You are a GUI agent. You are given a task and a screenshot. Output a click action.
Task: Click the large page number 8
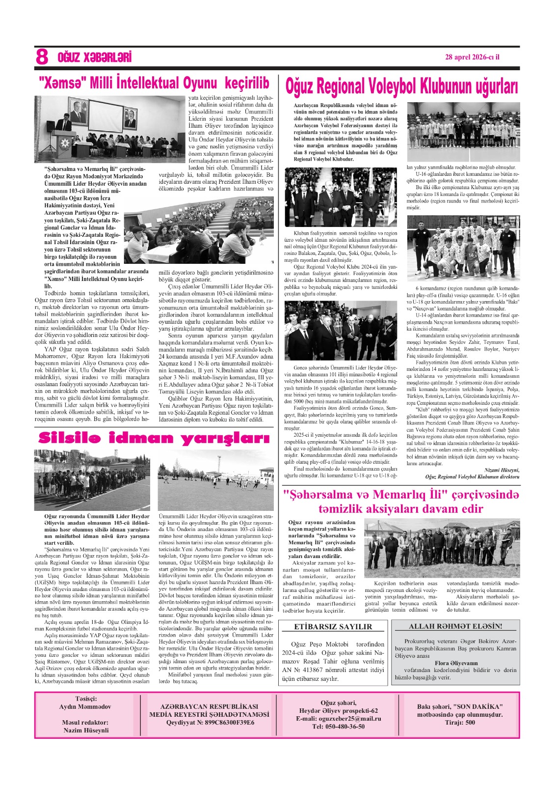42,57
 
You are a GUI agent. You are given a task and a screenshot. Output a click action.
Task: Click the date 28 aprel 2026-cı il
472,56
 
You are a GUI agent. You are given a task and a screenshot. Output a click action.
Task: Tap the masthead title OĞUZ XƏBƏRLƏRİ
94,57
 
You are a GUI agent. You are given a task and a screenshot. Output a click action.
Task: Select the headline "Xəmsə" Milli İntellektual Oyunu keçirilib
154,82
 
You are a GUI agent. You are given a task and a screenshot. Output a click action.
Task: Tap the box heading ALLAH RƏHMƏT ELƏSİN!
455,626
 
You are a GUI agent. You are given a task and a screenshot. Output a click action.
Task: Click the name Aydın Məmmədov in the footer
86,706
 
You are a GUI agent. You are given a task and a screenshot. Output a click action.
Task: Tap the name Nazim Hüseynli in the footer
86,730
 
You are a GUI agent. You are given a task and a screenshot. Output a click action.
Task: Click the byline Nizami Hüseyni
502,470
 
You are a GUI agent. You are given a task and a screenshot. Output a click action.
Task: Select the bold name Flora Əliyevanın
456,663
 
